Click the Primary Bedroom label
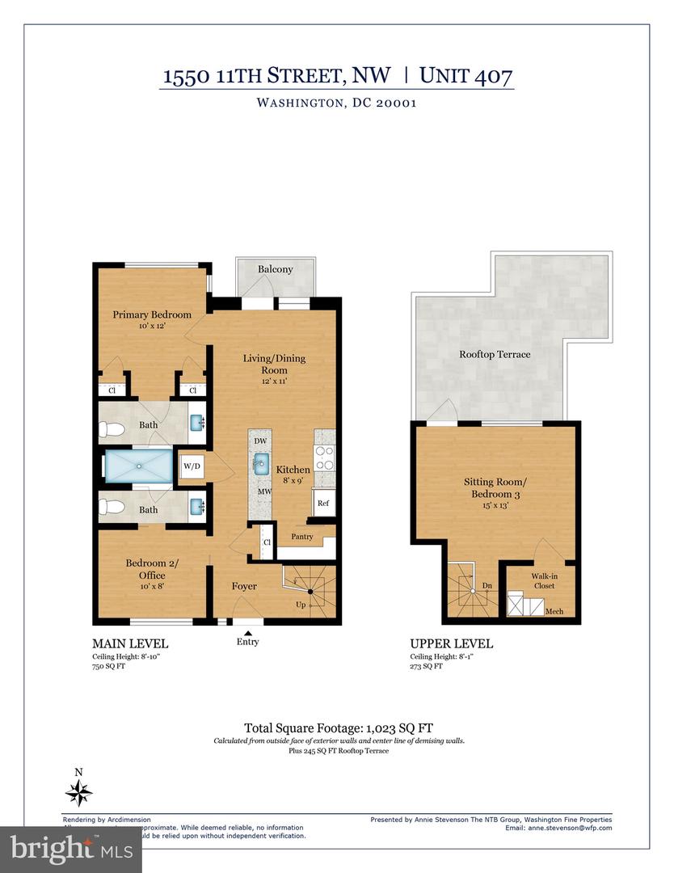152,314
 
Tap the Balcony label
275,269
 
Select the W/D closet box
192,466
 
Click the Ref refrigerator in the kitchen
323,503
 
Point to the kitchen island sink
261,464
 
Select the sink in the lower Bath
196,507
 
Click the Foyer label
244,586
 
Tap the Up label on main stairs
301,605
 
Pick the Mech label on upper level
554,612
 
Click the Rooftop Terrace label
495,354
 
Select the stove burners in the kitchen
324,458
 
